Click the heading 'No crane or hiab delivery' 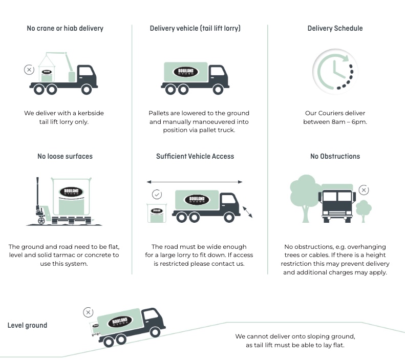click(65, 28)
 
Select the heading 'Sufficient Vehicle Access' click(195, 156)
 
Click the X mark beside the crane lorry click(29, 70)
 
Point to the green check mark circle click(157, 194)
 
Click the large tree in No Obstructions click(305, 194)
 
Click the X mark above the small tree click(364, 190)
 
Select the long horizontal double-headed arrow click(195, 181)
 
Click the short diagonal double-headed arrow click(248, 211)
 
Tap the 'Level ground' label click(27, 325)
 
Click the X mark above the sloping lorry click(88, 312)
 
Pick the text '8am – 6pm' click(351, 122)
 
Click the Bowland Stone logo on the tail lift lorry click(185, 72)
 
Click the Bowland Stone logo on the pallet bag click(71, 193)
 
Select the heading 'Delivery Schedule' click(334, 28)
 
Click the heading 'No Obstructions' click(335, 156)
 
